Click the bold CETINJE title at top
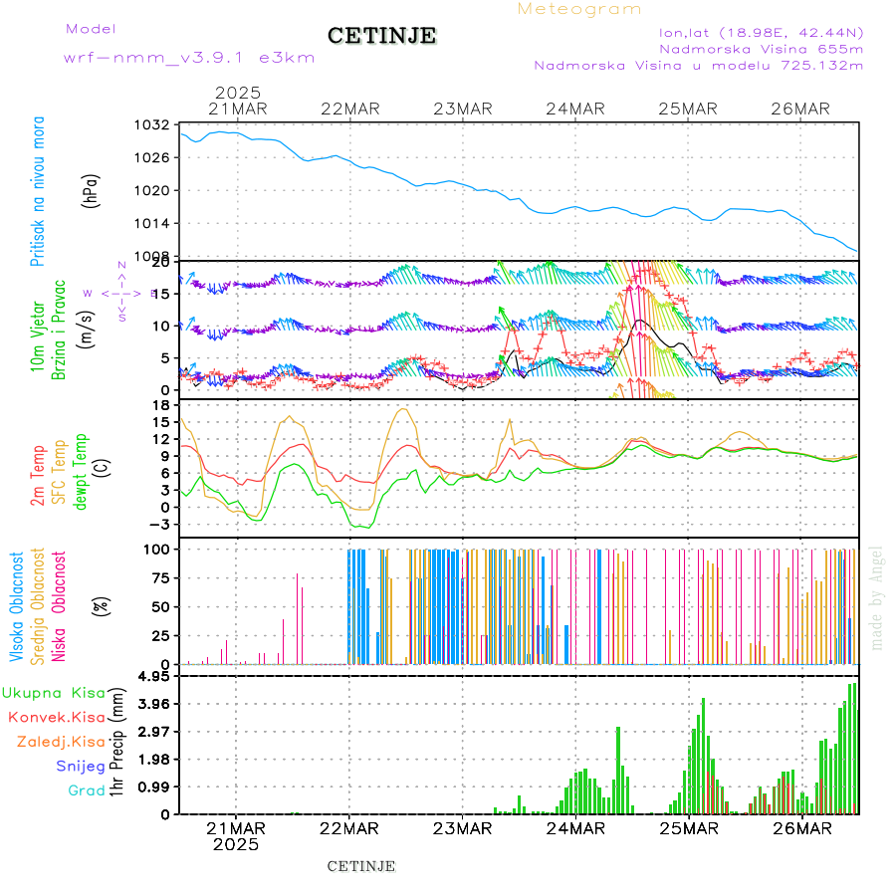point(381,36)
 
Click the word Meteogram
point(579,9)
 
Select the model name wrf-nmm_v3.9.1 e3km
point(189,58)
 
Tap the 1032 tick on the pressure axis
point(154,125)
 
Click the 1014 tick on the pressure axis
point(154,223)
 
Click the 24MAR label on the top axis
point(575,109)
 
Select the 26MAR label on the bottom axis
point(801,828)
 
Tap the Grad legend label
point(87,791)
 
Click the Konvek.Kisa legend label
point(56,717)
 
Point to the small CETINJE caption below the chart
point(361,866)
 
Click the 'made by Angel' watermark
point(877,597)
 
